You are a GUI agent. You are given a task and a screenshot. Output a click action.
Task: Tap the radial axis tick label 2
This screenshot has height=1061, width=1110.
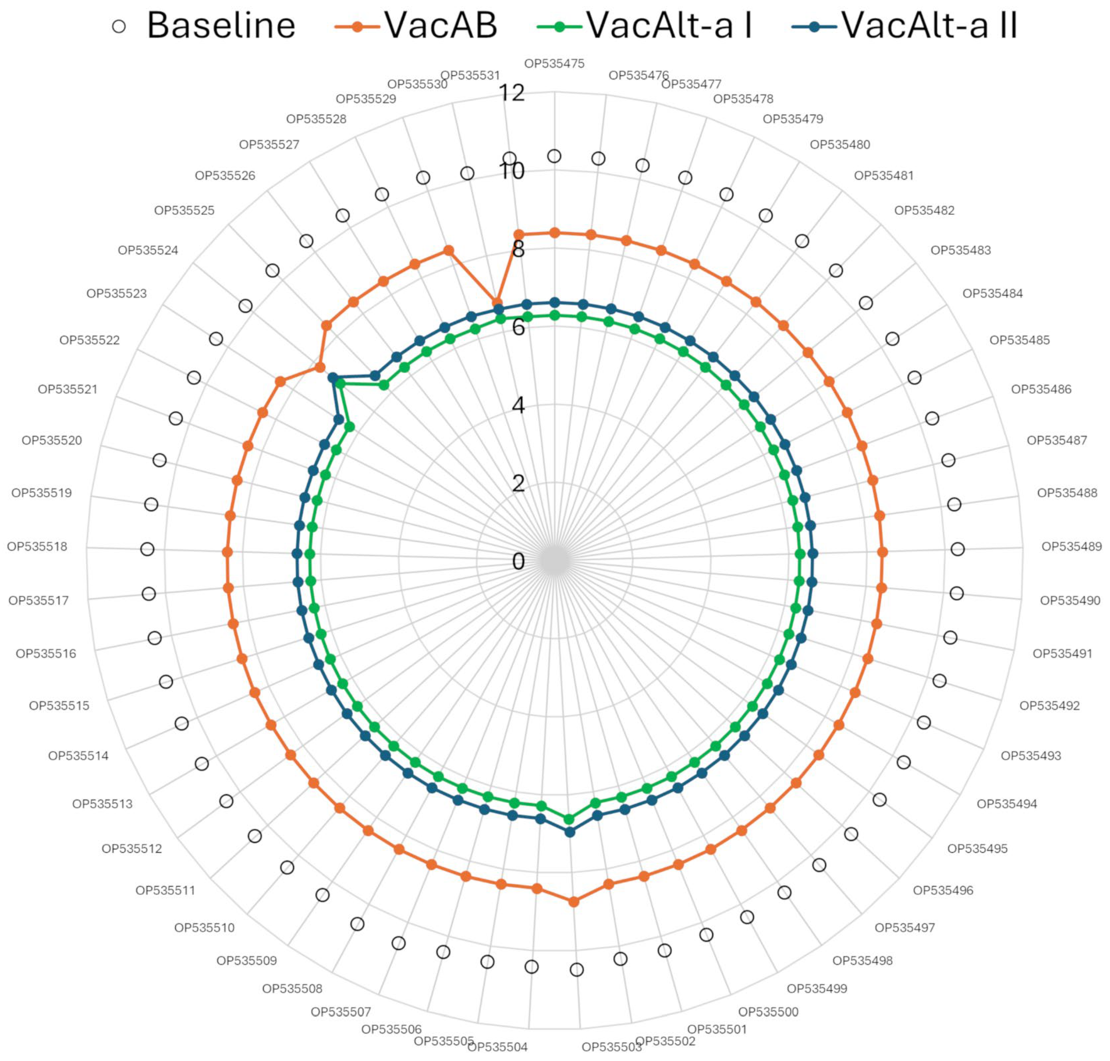coord(518,483)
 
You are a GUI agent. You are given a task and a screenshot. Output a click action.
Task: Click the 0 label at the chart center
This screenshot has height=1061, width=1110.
coord(518,561)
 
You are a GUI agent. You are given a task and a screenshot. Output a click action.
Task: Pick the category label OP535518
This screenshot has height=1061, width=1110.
coord(37,546)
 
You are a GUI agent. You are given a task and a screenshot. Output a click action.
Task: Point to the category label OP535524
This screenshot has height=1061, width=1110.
coord(148,250)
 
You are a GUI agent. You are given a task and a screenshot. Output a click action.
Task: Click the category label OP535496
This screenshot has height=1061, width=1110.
coord(943,890)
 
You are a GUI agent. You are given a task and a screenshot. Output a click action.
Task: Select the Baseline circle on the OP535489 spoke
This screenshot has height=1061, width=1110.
coord(957,549)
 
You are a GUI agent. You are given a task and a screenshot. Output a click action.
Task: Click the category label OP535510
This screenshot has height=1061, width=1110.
coord(204,928)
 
